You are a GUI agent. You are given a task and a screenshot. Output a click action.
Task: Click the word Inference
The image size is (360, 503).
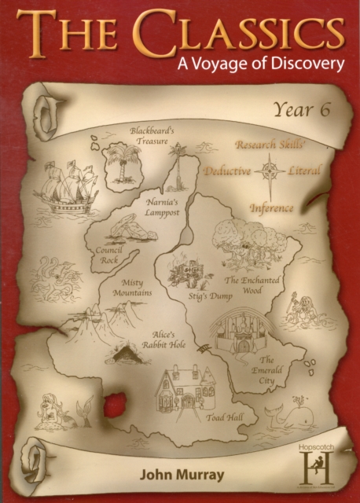pyautogui.click(x=271, y=209)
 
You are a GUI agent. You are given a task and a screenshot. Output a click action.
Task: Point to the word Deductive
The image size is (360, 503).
pyautogui.click(x=227, y=171)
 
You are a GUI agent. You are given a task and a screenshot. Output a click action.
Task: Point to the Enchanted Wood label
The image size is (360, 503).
pyautogui.click(x=253, y=285)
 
